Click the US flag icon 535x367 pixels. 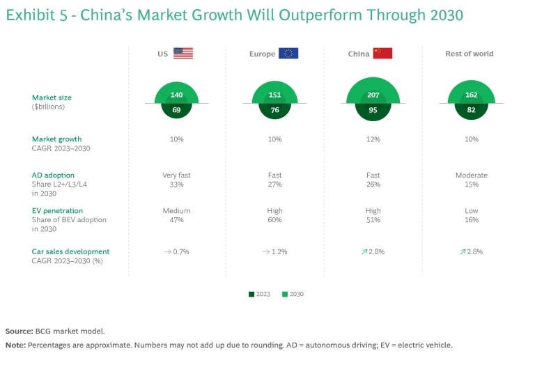coord(183,54)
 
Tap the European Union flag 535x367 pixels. coord(288,54)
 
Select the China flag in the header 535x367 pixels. coord(382,54)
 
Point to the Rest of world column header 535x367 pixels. coord(470,54)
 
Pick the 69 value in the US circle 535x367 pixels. coord(177,109)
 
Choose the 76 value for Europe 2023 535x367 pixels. coord(274,109)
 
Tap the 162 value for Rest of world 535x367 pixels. coord(471,95)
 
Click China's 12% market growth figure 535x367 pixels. coord(373,139)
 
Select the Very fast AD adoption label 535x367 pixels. coord(176,175)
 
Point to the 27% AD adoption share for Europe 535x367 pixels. coord(274,185)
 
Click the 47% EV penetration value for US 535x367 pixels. coord(176,219)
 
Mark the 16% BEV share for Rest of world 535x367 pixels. coord(472,219)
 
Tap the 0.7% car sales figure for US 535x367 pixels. coord(180,251)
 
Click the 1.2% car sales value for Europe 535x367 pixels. coord(279,251)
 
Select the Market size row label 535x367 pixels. coord(52,98)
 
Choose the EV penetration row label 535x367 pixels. coord(57,210)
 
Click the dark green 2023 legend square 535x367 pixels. coord(251,294)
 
